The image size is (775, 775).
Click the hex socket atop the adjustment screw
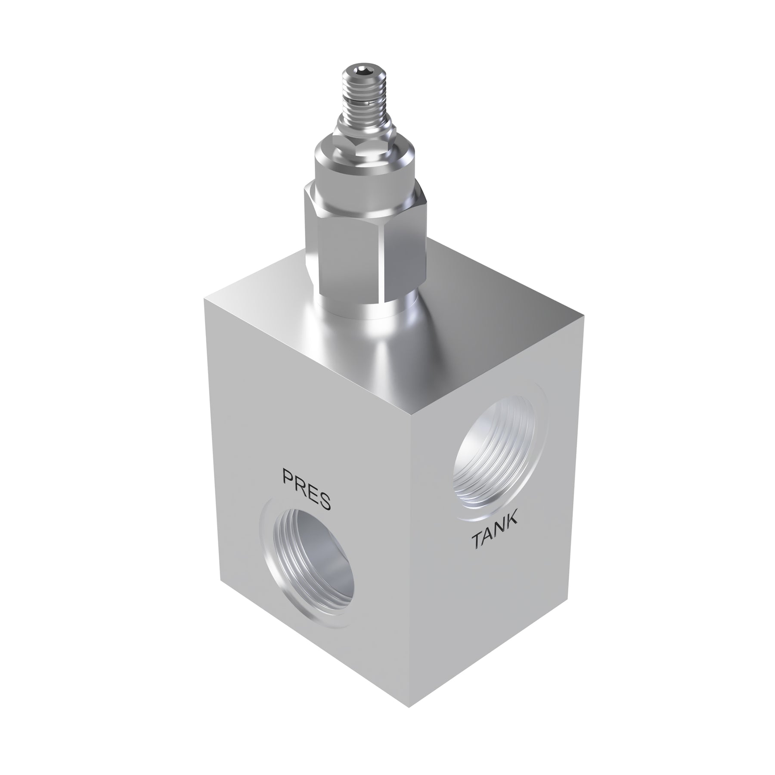[359, 71]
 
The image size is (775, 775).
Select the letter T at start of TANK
[477, 542]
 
